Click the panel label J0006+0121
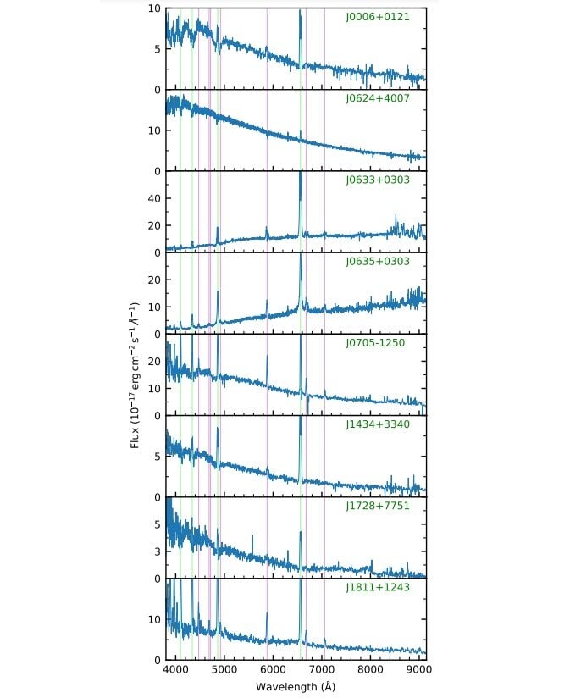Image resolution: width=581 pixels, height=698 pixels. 377,17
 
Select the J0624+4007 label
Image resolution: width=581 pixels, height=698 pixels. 377,98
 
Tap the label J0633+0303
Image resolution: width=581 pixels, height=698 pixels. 377,180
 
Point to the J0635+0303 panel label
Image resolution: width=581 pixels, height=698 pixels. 377,262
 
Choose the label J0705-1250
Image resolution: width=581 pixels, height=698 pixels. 377,343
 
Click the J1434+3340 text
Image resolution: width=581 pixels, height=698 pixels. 377,424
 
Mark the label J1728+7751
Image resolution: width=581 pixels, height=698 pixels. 377,506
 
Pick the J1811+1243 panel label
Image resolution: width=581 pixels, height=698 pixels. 377,587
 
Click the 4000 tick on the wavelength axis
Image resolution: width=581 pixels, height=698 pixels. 175,669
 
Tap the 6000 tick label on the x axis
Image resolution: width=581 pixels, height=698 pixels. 273,669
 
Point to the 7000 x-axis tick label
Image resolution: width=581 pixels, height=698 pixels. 322,669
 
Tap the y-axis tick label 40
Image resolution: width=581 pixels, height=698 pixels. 155,198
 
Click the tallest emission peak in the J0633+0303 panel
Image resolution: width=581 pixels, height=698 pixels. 300,174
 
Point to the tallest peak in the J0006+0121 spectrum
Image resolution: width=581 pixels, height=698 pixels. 300,12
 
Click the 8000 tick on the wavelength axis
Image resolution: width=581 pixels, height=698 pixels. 371,669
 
